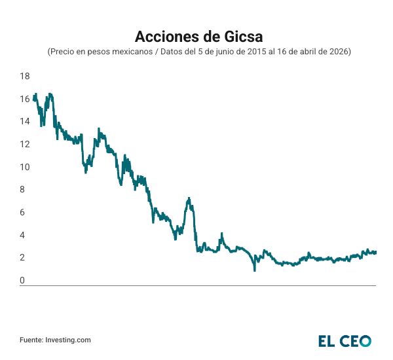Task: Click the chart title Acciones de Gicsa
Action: coord(196,34)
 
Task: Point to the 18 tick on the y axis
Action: coord(25,76)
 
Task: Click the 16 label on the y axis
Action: coord(25,99)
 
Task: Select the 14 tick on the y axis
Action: coord(25,121)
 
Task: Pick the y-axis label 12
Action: coord(25,144)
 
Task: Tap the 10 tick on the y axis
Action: coord(25,167)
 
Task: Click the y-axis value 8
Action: coord(22,190)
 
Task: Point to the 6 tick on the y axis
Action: coord(22,212)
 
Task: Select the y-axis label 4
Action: coord(22,235)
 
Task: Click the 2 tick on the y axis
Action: coord(22,258)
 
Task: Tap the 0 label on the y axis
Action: coord(22,281)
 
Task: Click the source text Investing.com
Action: coord(68,340)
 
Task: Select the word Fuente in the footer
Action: coord(31,340)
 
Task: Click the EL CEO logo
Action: coord(345,340)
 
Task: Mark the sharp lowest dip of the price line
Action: coord(254,270)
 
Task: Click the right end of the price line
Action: coord(376,252)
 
